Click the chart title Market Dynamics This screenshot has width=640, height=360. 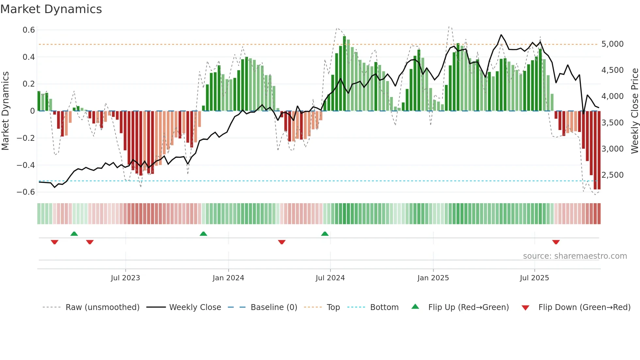(51, 9)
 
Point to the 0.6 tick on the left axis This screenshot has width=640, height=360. (29, 30)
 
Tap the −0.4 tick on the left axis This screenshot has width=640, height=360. (26, 165)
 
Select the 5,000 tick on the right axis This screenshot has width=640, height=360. (612, 44)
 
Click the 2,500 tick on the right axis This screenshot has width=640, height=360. (612, 175)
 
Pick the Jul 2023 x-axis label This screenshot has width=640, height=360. (125, 278)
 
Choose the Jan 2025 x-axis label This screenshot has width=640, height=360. (433, 278)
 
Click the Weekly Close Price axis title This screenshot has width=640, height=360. (634, 111)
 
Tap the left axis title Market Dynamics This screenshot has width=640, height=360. (5, 111)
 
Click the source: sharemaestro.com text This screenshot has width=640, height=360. (575, 256)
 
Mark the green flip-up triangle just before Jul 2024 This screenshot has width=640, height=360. (325, 234)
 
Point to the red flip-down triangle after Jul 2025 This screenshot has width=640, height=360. (556, 242)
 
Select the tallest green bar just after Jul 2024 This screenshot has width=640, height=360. (344, 74)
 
